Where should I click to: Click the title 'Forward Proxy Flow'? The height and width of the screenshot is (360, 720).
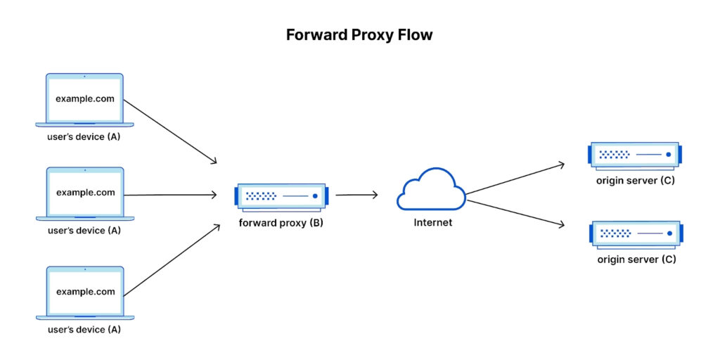coord(360,34)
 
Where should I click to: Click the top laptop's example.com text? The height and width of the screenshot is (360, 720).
coord(85,99)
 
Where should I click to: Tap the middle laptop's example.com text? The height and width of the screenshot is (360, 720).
coord(85,193)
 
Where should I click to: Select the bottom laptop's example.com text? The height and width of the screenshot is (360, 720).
coord(85,292)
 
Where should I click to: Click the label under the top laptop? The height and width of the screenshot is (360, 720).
coord(84,136)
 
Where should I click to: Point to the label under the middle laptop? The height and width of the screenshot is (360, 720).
coord(84,230)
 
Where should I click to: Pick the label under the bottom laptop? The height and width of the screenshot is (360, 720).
coord(84,329)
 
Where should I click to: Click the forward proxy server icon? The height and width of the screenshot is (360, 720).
coord(282,197)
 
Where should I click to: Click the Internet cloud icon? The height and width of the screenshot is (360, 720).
coord(431,190)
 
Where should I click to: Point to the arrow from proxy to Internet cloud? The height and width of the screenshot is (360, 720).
coord(356,195)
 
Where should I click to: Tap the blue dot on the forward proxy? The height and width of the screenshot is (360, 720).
coord(315,196)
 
